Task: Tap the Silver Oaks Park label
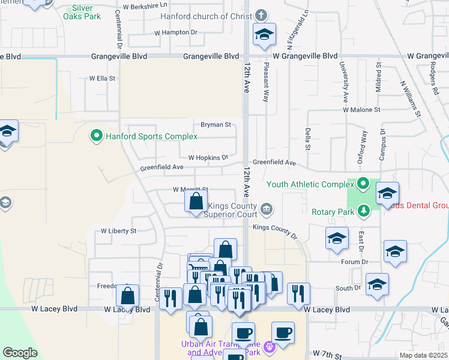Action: coord(82,12)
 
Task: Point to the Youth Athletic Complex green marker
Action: coord(363,184)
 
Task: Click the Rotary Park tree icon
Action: coord(363,211)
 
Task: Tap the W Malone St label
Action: coord(361,110)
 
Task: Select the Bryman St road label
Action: coord(215,125)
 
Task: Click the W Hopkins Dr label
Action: coord(208,157)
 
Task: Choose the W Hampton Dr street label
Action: coord(175,32)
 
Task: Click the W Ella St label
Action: coord(102,78)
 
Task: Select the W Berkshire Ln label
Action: coord(145,5)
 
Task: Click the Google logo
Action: coord(20,353)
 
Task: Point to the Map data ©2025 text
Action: coord(423,355)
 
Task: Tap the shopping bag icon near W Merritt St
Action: coord(196,202)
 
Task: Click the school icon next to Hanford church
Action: coord(264,35)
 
